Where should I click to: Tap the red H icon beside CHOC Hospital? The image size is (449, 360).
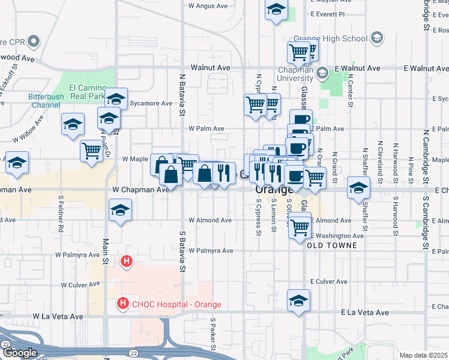click(122, 304)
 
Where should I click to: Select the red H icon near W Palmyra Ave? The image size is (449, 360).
click(126, 261)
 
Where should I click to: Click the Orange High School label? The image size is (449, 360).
click(330, 39)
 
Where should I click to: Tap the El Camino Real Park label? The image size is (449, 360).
click(88, 91)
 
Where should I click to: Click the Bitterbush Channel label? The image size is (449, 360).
click(44, 100)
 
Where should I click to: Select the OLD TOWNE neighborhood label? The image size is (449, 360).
click(332, 245)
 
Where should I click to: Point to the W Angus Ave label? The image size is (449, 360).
click(208, 6)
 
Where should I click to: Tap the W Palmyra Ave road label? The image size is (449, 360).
click(211, 250)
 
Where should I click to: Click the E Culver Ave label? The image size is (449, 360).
click(328, 281)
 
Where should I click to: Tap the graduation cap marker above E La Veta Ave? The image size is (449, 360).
click(298, 301)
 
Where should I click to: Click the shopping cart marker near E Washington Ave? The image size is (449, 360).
click(299, 227)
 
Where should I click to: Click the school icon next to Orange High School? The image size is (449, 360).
click(377, 38)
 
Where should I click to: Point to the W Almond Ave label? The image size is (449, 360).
click(210, 220)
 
